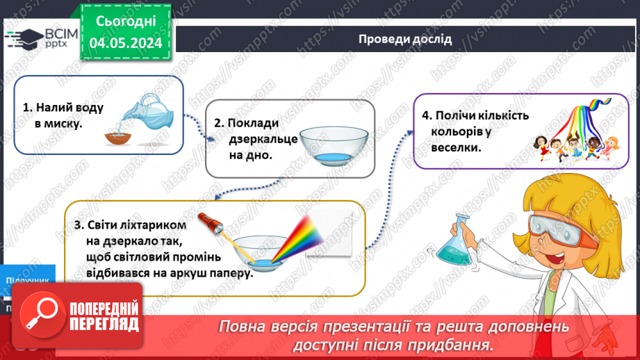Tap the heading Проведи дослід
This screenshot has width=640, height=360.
pos(405,39)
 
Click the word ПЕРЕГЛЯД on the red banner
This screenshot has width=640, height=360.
pos(104,325)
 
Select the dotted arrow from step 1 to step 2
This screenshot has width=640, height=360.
pos(201,132)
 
